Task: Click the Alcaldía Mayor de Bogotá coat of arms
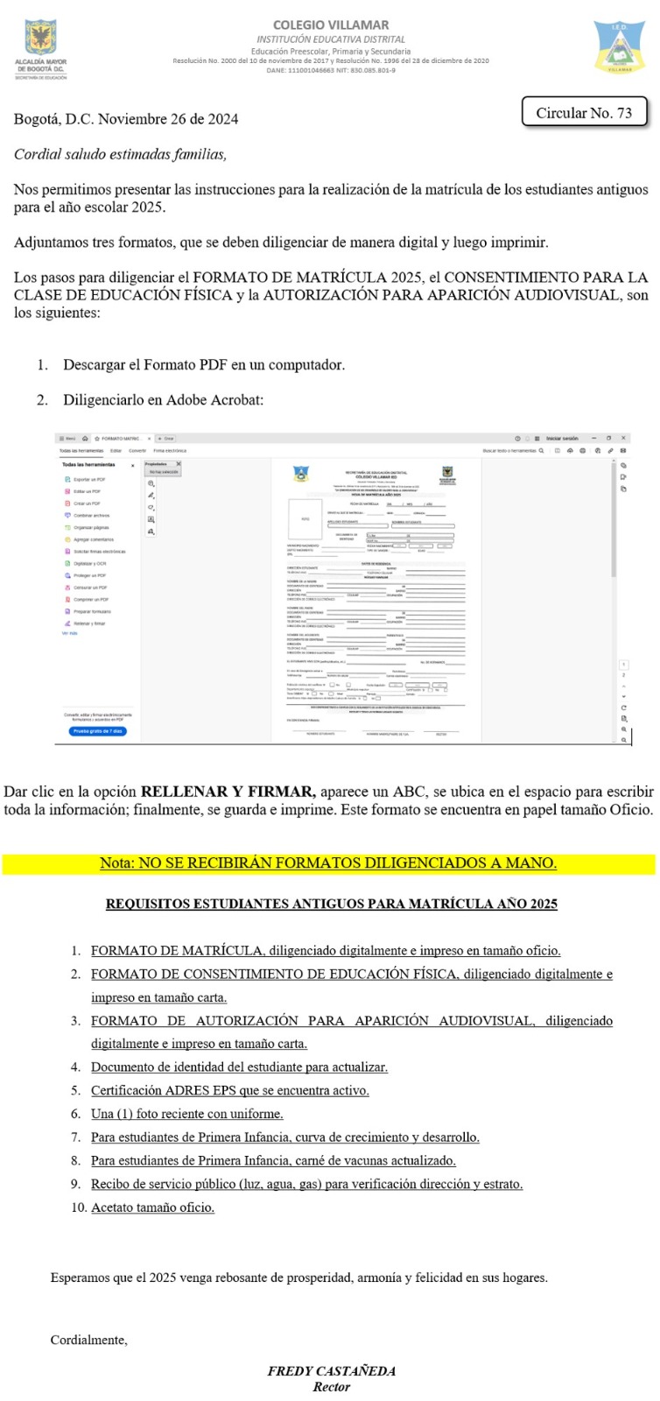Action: click(40, 39)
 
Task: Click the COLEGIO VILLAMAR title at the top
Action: click(331, 25)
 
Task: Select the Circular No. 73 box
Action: click(584, 113)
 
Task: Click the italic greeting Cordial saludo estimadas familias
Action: click(120, 154)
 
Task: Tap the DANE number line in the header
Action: click(331, 70)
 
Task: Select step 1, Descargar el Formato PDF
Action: click(203, 364)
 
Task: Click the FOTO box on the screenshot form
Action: click(305, 518)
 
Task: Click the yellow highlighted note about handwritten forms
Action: click(328, 862)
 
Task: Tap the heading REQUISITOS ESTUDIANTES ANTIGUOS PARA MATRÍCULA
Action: click(331, 904)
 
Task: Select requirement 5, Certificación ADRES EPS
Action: click(229, 1090)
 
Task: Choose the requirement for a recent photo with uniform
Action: click(186, 1114)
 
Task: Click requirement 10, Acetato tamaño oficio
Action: click(152, 1207)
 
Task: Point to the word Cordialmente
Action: click(88, 1340)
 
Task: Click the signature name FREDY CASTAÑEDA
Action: click(331, 1371)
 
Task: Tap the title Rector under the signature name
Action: click(331, 1387)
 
